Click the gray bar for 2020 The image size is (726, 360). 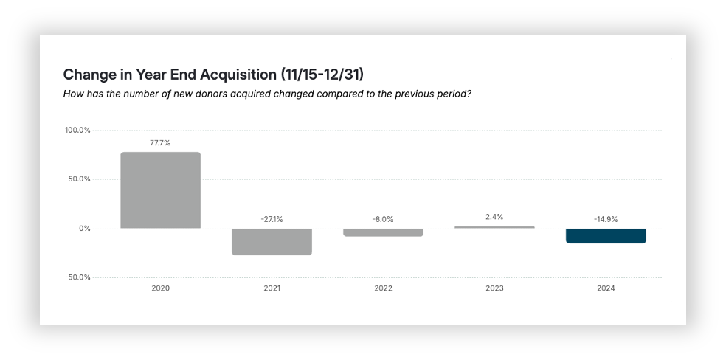[x=160, y=190]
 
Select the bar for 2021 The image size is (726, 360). [x=272, y=241]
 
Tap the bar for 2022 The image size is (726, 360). [x=383, y=232]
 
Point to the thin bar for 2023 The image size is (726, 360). [x=494, y=227]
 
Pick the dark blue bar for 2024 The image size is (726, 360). [x=606, y=236]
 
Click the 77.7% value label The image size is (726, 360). [x=160, y=143]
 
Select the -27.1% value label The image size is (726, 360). [x=272, y=219]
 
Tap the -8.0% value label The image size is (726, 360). [x=383, y=219]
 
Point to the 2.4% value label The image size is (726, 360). [x=494, y=217]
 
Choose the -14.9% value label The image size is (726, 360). [x=606, y=219]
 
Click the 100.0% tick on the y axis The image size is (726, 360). [x=77, y=131]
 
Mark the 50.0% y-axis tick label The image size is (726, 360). [x=79, y=179]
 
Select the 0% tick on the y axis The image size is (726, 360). [x=84, y=229]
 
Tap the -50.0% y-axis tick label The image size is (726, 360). [x=77, y=277]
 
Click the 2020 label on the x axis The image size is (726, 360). [x=160, y=288]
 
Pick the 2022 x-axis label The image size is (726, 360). [x=383, y=288]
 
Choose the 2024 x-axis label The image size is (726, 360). [x=606, y=288]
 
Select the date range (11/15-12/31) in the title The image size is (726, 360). [x=322, y=75]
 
